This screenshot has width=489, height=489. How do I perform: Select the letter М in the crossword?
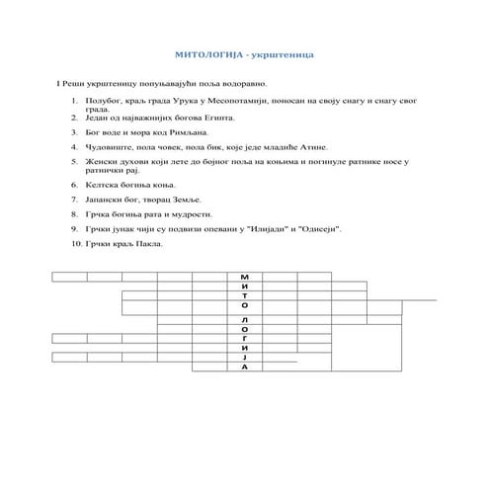click(x=244, y=277)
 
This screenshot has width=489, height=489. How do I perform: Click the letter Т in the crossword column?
click(x=244, y=297)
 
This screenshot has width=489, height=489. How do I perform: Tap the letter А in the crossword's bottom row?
click(x=244, y=367)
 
